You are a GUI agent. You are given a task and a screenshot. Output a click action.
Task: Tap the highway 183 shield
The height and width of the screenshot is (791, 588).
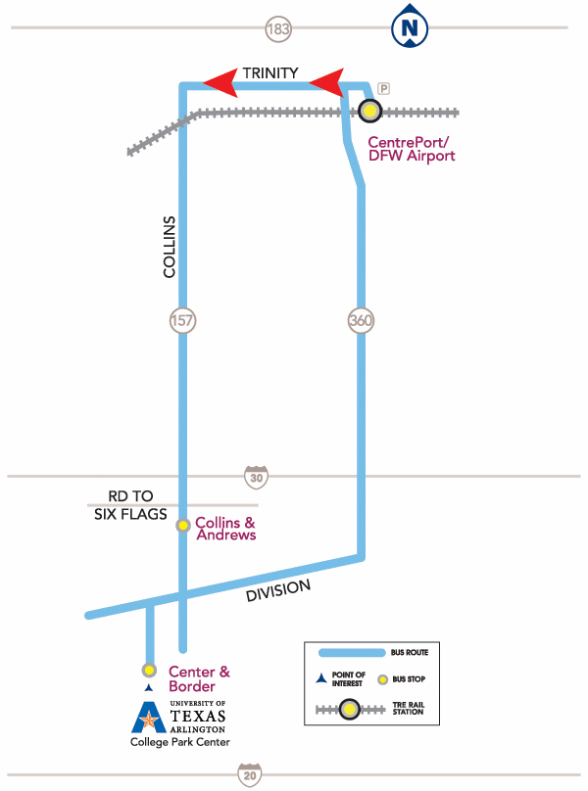[x=278, y=29]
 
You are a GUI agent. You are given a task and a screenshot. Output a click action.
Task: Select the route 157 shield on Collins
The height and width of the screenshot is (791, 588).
[x=182, y=320]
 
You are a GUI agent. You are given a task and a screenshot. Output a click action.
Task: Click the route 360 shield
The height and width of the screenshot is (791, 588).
[x=361, y=320]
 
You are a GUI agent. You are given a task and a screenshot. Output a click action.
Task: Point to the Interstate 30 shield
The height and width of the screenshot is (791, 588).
[x=257, y=477]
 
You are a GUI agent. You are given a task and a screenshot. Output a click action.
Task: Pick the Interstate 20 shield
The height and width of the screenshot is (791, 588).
[x=251, y=774]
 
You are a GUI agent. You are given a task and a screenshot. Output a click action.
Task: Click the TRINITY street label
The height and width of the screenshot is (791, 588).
[x=270, y=72]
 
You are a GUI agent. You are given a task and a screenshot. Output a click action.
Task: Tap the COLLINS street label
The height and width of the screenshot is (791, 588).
[x=170, y=247]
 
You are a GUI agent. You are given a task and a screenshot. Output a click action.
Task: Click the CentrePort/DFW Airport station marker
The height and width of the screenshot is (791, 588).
[x=368, y=112]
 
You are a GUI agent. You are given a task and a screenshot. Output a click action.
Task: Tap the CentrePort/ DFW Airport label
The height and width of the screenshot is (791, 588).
[x=411, y=149]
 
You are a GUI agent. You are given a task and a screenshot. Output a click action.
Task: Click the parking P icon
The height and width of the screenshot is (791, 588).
[x=384, y=88]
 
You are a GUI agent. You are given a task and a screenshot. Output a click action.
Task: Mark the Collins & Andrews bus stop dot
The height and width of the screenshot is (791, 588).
[x=182, y=526]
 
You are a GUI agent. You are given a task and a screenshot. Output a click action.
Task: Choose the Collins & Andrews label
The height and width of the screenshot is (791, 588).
[x=225, y=529]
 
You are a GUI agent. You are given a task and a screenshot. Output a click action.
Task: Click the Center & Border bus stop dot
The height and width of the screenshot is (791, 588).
[x=149, y=671]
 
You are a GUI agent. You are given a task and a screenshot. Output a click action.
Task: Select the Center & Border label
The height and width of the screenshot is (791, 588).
[x=199, y=678]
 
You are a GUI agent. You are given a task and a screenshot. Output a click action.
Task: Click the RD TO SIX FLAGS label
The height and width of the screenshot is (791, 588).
[x=130, y=506]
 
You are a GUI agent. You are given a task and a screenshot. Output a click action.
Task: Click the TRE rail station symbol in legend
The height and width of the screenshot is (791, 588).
[x=348, y=710]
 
